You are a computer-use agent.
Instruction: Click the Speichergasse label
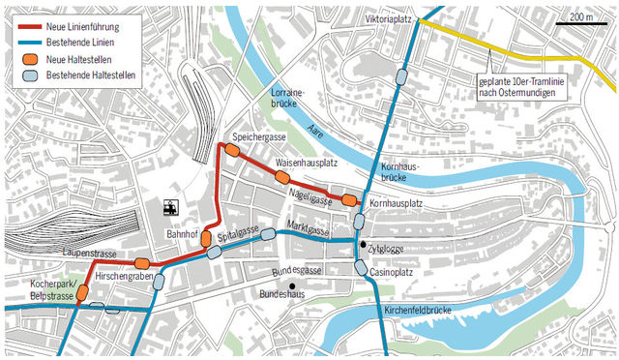[x=253, y=137]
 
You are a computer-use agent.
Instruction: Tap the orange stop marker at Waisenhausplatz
[x=282, y=178]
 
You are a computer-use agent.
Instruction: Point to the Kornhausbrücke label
[x=398, y=172]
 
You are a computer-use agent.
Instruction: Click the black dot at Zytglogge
[x=364, y=245]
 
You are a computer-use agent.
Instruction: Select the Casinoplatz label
[x=394, y=273]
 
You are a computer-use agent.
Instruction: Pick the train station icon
[x=170, y=207]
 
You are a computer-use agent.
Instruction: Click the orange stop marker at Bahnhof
[x=206, y=238]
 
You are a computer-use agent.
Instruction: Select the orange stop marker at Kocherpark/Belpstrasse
[x=83, y=292]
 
